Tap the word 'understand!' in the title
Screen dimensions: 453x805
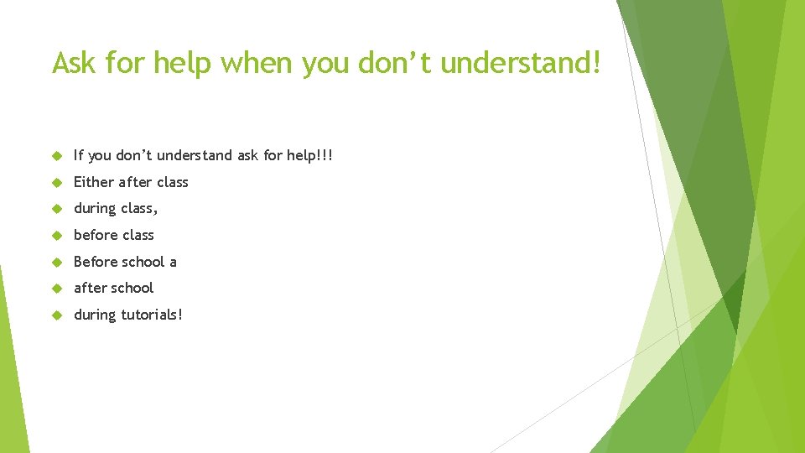click(x=520, y=63)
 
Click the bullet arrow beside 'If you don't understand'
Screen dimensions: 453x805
click(x=56, y=155)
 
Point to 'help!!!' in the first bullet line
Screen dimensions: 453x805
click(x=309, y=155)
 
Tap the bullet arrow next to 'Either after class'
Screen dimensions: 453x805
click(x=56, y=182)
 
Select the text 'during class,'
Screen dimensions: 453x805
click(x=116, y=208)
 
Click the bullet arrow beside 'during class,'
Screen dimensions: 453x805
click(x=56, y=208)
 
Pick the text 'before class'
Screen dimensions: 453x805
click(x=114, y=235)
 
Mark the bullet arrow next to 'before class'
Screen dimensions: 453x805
click(x=56, y=235)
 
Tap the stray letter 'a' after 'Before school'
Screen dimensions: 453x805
click(x=173, y=262)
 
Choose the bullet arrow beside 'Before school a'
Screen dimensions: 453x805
click(x=56, y=262)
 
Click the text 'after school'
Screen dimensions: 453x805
click(x=114, y=288)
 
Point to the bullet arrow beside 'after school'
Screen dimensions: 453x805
click(x=56, y=288)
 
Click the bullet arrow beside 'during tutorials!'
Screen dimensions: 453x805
click(x=56, y=315)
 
